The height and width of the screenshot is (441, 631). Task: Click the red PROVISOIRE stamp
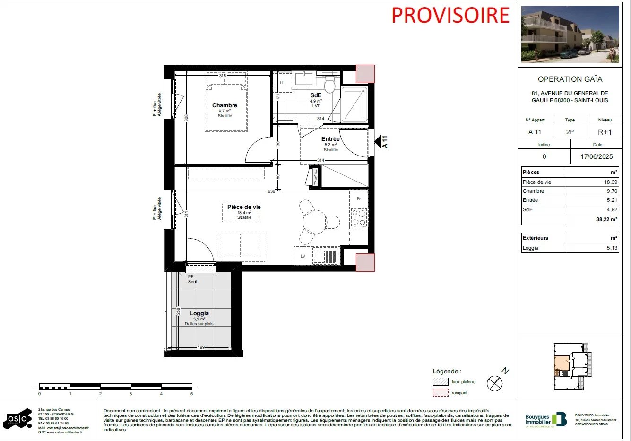[450, 15]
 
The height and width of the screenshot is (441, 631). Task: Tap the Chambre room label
[225, 105]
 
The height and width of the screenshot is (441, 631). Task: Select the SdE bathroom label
[316, 95]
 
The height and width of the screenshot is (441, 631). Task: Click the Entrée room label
[330, 139]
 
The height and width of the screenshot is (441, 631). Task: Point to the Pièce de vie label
[243, 207]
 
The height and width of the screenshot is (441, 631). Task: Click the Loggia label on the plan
[199, 313]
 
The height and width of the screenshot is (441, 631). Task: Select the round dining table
[314, 222]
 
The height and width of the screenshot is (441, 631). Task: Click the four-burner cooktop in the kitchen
[359, 217]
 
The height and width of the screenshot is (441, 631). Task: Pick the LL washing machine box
[283, 83]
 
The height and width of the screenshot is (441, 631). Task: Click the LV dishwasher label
[303, 256]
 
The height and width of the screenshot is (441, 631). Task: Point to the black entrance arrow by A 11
[378, 141]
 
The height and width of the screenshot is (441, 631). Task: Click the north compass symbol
[495, 383]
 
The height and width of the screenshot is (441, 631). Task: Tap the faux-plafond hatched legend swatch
[441, 382]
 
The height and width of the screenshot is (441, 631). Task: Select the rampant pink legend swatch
[441, 393]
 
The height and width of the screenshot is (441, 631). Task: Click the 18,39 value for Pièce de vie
[610, 182]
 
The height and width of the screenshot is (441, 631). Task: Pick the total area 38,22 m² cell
[606, 219]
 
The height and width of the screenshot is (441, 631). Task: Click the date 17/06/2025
[596, 156]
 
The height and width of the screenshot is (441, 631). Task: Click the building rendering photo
[570, 34]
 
